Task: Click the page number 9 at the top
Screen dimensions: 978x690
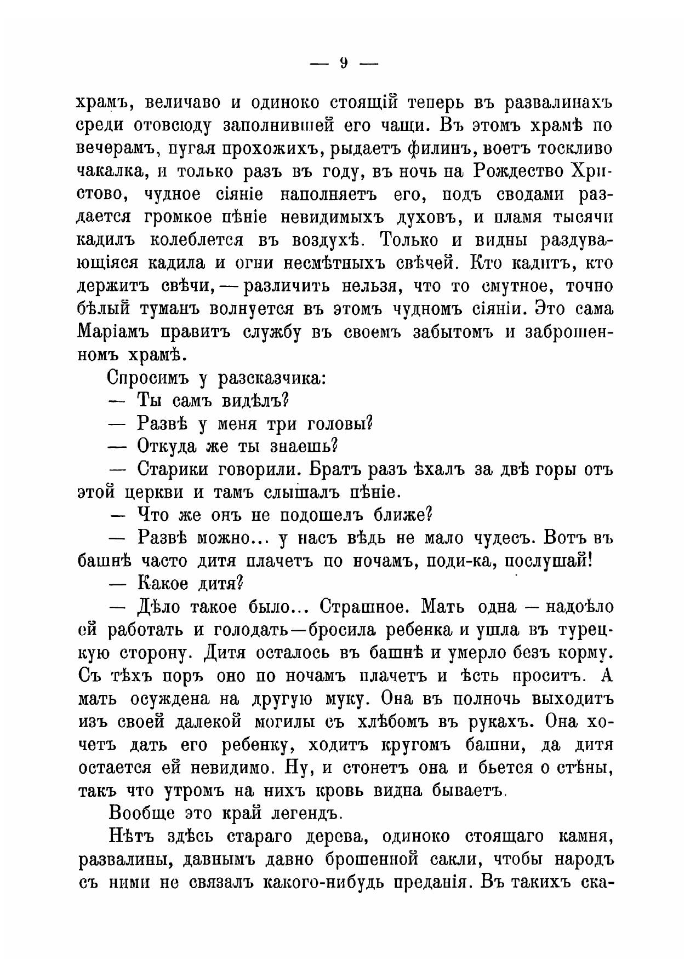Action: [344, 64]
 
